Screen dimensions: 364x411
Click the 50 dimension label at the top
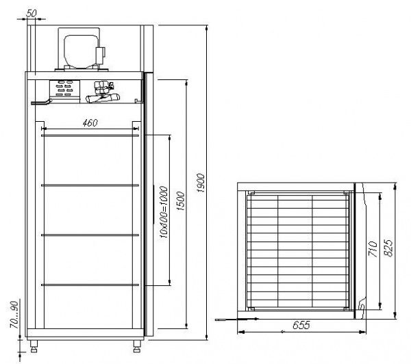click(x=32, y=13)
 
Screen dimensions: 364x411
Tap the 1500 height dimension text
click(x=179, y=203)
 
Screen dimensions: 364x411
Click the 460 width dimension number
click(x=89, y=122)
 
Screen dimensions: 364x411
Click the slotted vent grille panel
click(x=66, y=88)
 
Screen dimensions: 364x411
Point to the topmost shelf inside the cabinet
click(x=90, y=135)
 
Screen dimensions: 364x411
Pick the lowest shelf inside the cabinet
click(x=90, y=284)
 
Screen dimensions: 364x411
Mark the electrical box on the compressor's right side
click(x=103, y=52)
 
